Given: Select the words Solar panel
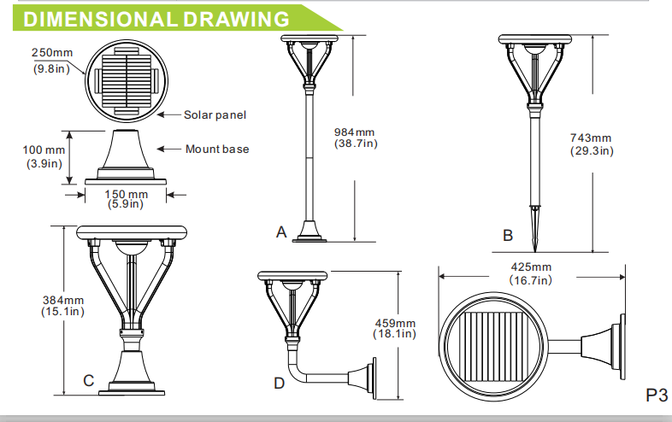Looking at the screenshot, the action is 215,114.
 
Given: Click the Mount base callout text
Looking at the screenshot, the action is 217,149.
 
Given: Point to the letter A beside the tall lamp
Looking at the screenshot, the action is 281,232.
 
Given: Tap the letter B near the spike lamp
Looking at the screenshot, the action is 508,235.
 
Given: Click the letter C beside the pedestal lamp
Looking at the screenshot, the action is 89,380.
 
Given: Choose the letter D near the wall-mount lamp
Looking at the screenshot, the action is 279,383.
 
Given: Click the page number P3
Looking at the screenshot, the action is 657,395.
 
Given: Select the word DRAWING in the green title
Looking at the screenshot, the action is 236,20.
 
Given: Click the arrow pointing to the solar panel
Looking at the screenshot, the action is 169,114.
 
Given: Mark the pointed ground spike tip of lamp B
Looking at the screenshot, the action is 535,252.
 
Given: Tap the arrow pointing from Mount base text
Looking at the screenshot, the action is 169,149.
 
